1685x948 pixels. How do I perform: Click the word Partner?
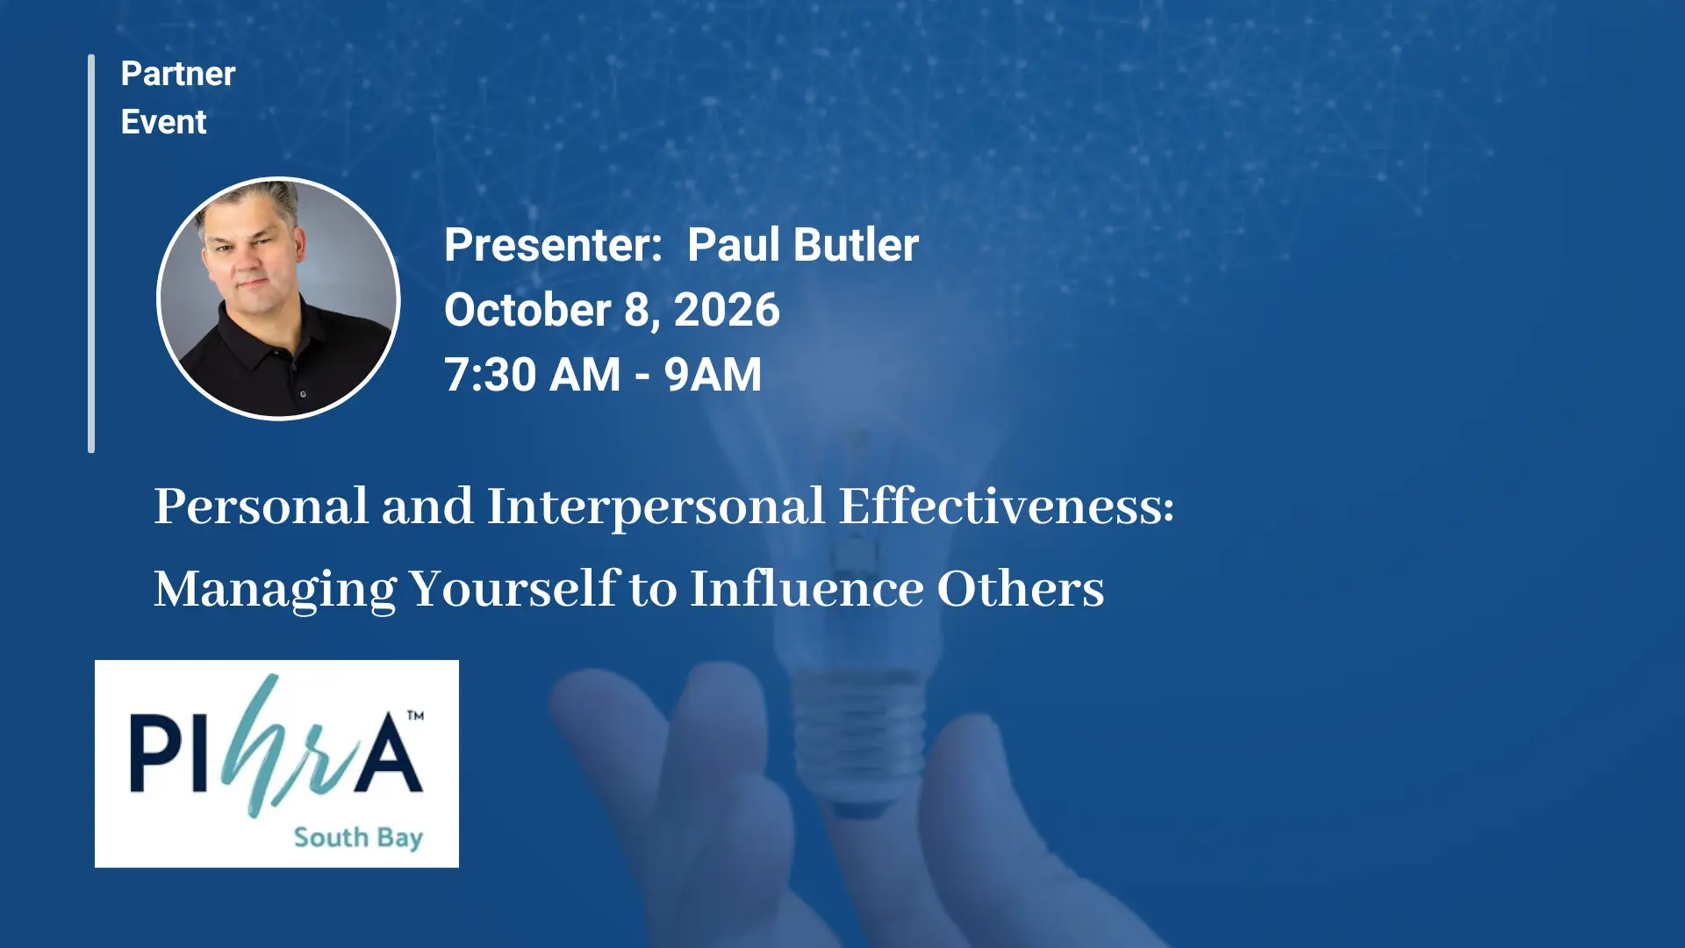[x=178, y=74]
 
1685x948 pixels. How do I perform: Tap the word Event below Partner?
[x=163, y=122]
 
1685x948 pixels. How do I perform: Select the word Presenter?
[x=553, y=245]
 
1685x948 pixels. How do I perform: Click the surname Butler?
[x=856, y=245]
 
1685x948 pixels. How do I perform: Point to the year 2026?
[x=727, y=310]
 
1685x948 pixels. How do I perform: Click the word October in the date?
[x=527, y=310]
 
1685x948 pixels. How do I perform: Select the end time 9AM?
[x=713, y=375]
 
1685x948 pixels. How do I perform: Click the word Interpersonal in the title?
[x=656, y=508]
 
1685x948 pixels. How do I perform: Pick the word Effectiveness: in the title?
[x=1007, y=506]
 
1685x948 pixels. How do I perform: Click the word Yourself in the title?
[x=514, y=589]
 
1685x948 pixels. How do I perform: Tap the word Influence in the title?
[x=807, y=588]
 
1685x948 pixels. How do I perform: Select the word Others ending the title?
[x=1021, y=588]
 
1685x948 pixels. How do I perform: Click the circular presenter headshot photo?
[x=278, y=298]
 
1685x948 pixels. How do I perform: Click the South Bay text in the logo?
[x=358, y=837]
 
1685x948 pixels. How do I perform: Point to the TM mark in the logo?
[x=415, y=715]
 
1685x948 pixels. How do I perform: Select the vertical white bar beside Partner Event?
[x=91, y=254]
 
